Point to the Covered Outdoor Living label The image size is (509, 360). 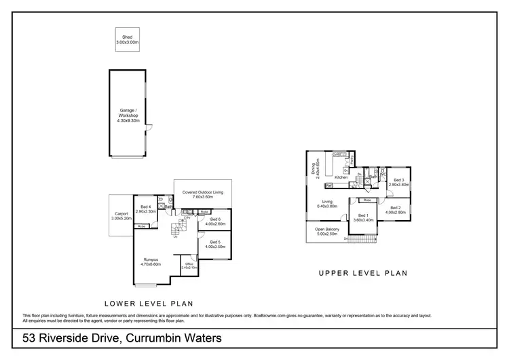click(202, 193)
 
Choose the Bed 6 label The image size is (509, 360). click(215, 219)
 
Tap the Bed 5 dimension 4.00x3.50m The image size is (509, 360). click(215, 247)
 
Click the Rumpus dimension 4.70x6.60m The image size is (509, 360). click(150, 264)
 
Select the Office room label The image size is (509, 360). click(189, 264)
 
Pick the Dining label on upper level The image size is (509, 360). click(314, 168)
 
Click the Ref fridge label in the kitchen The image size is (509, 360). click(328, 185)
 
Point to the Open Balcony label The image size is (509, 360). click(327, 229)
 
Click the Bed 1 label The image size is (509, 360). click(362, 215)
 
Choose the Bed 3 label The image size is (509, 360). click(398, 179)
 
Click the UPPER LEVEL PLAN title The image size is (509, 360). click(363, 274)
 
